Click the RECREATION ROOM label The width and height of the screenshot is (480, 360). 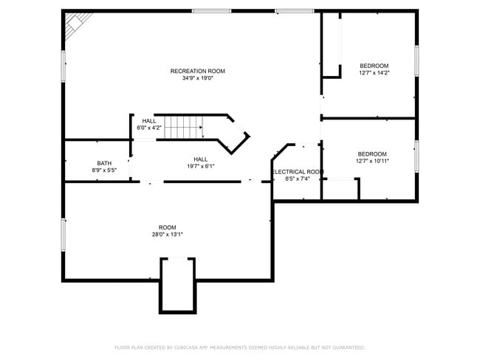pyautogui.click(x=197, y=71)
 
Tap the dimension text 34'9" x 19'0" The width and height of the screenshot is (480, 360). pyautogui.click(x=197, y=78)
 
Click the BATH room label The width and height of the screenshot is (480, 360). pyautogui.click(x=104, y=163)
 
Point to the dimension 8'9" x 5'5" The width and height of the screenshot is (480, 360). pyautogui.click(x=104, y=170)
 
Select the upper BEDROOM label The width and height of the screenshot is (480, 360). pyautogui.click(x=374, y=66)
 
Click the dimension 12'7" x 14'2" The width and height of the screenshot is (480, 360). pyautogui.click(x=374, y=73)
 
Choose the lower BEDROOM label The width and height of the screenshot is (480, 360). pyautogui.click(x=372, y=153)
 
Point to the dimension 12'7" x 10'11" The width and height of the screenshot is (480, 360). pyautogui.click(x=372, y=161)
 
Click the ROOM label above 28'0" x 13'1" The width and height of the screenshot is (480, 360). pyautogui.click(x=168, y=227)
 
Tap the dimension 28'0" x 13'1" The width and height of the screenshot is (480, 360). pyautogui.click(x=168, y=235)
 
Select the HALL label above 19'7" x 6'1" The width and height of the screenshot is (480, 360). pyautogui.click(x=201, y=159)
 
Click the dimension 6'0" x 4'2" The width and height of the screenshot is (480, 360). pyautogui.click(x=149, y=128)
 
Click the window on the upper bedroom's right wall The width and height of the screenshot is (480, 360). pyautogui.click(x=416, y=60)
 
